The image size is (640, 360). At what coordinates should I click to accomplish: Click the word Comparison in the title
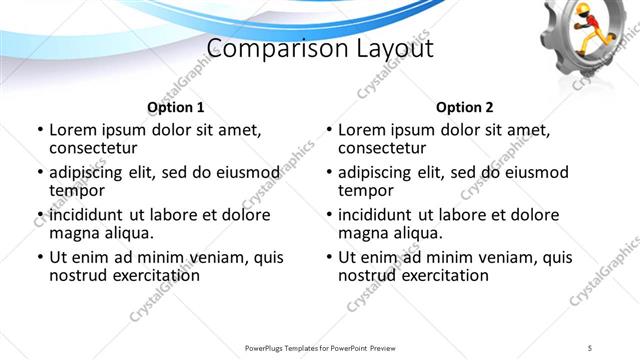point(267,49)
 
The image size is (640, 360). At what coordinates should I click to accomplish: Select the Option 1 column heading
point(175,107)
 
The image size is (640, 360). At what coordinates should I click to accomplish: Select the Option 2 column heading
point(464,107)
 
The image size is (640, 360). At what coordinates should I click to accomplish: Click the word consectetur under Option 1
point(94,148)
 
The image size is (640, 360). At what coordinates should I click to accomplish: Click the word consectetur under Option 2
point(383,148)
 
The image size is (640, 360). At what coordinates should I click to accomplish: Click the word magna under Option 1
point(74,233)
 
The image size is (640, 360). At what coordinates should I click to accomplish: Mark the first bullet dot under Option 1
point(39,131)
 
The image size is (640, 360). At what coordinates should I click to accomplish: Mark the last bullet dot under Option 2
point(328,257)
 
